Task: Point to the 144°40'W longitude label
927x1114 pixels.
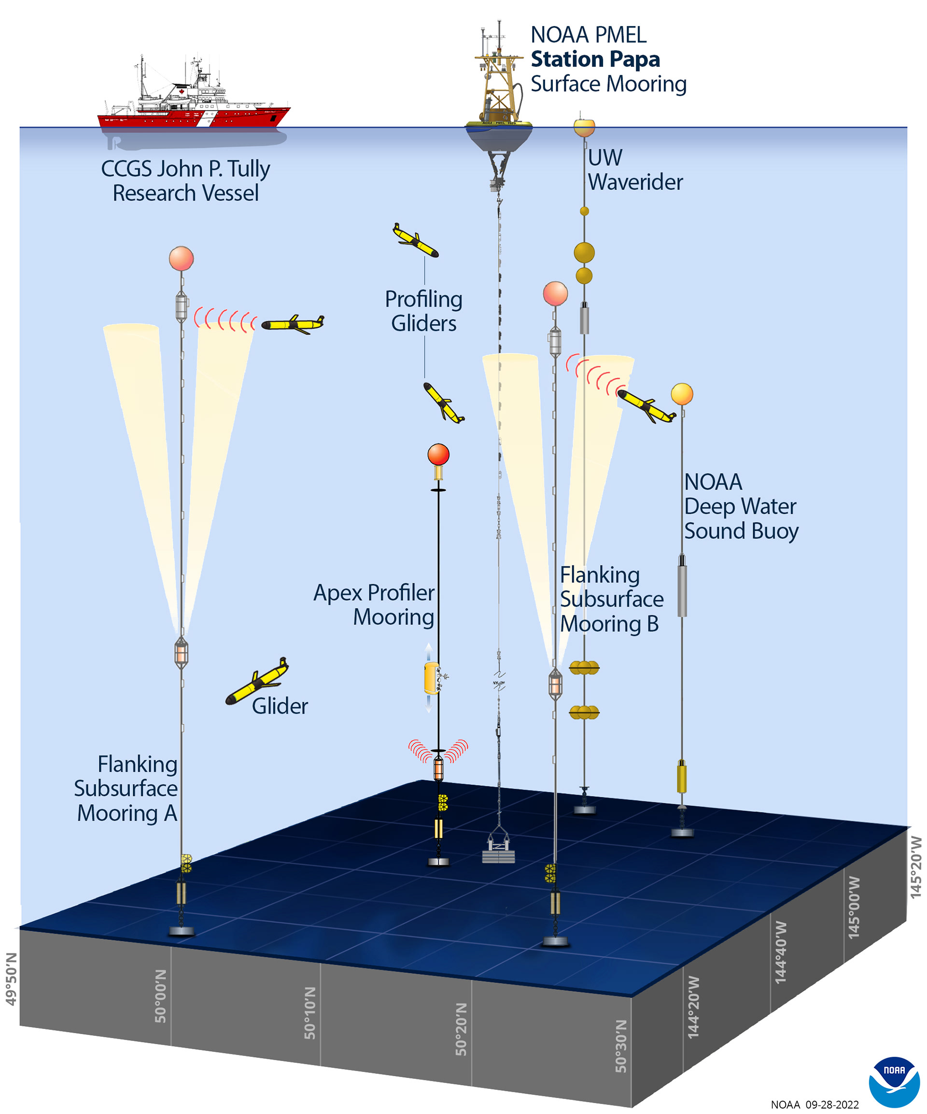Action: pos(781,952)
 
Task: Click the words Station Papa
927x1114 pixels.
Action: pos(595,59)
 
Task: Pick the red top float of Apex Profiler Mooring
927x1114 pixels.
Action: pos(438,455)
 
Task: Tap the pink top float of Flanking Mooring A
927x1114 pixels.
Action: pos(181,259)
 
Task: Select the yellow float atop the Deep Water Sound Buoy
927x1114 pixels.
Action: pos(682,394)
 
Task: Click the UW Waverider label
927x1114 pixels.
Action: pos(634,170)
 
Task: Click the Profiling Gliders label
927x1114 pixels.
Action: pos(423,311)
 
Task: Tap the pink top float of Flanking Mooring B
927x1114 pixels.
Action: pos(555,293)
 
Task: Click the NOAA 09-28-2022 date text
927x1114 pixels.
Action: pos(814,1104)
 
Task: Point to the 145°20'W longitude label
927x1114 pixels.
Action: pos(915,868)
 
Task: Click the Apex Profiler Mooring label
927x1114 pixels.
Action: pos(374,605)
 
